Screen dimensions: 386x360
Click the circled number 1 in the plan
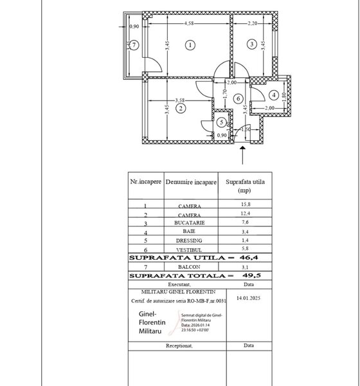[189, 45]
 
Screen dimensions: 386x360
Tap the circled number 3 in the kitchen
[253, 44]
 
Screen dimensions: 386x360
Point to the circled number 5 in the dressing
[221, 121]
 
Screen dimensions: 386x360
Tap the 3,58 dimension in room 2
[181, 100]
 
